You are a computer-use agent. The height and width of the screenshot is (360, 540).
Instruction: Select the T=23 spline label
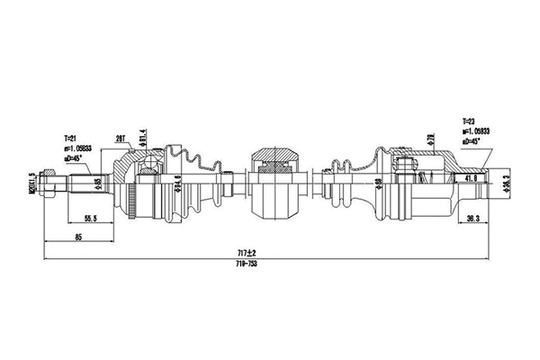471,120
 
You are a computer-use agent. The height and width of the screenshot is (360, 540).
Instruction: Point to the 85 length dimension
80,237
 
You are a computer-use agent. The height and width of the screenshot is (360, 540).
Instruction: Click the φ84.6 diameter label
178,184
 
